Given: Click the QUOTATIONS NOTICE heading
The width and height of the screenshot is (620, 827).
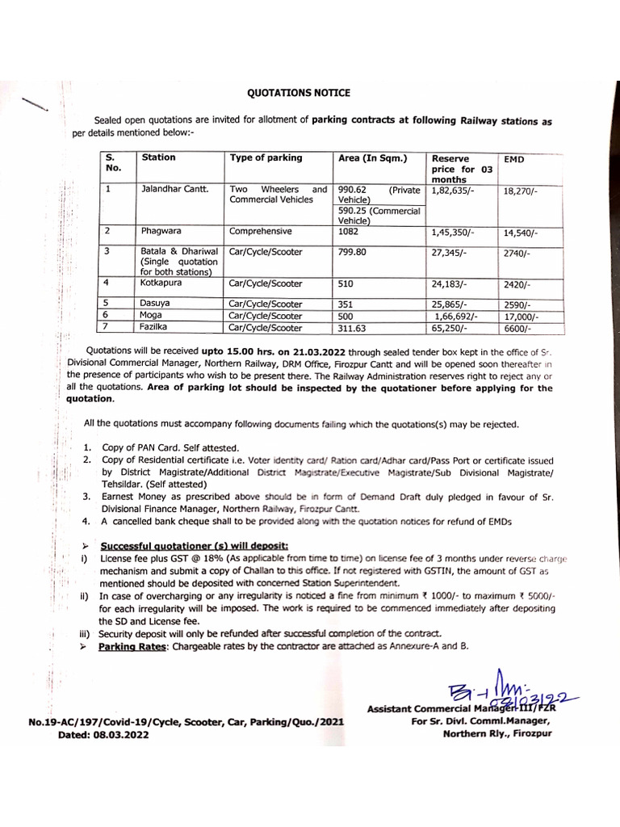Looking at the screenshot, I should coord(299,93).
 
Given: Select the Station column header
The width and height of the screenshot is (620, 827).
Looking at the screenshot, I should coord(158,157).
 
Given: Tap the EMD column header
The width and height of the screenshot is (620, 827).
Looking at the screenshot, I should coord(513,161).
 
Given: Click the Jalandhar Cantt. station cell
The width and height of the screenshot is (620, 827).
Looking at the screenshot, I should coord(174,191).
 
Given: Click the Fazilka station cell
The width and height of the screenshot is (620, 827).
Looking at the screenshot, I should coord(157,329).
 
